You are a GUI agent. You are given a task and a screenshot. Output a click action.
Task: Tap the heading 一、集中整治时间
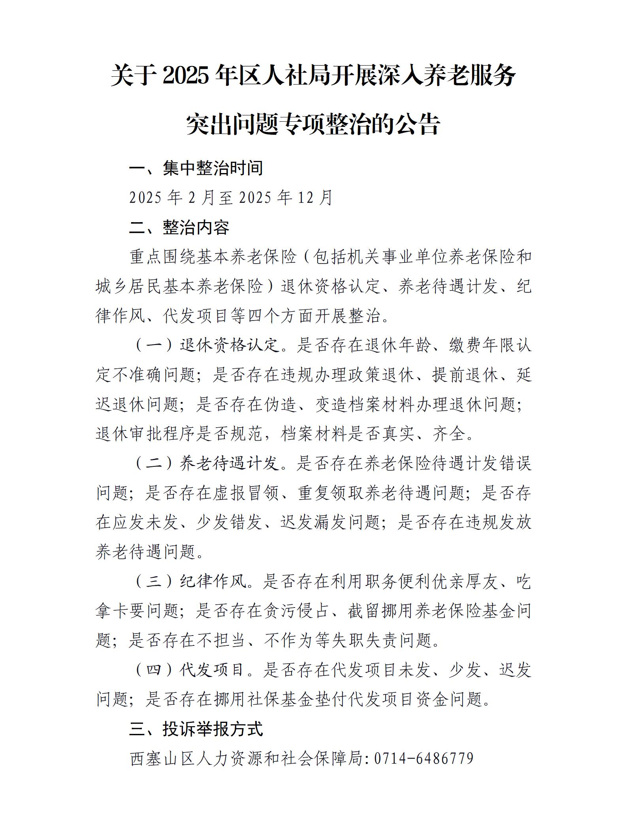click(x=196, y=168)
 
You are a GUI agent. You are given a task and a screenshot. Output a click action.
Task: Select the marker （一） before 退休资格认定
click(x=154, y=345)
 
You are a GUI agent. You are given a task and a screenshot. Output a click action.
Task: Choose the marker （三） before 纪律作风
click(x=154, y=581)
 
